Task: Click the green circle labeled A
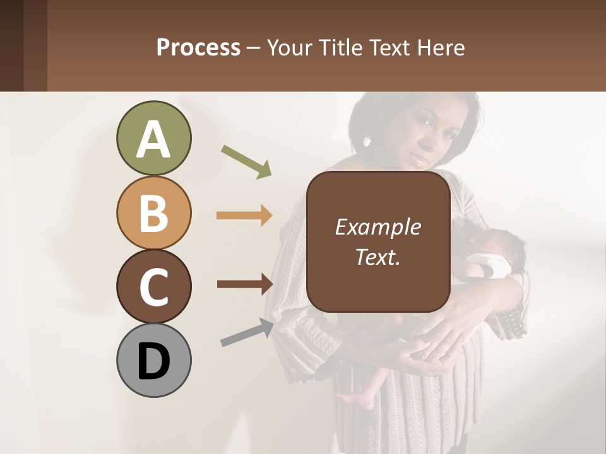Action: pos(153,139)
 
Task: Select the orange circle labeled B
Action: pos(153,212)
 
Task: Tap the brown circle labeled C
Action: pos(153,286)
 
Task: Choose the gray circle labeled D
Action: pos(153,360)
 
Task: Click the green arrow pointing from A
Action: pos(246,161)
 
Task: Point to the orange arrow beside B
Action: pos(244,216)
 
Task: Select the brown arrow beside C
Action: pos(244,284)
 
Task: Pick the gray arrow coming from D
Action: pos(247,333)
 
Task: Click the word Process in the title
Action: pos(198,47)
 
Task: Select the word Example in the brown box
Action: pos(377,227)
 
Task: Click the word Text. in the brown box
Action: pos(377,257)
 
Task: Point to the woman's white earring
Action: pos(368,140)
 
